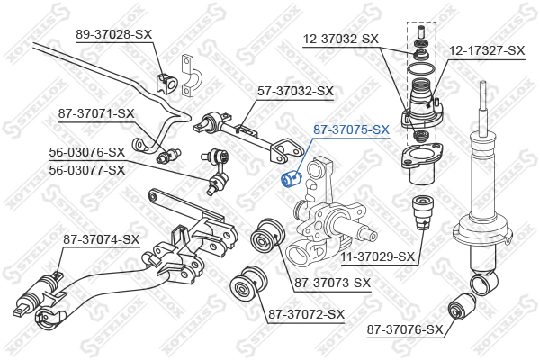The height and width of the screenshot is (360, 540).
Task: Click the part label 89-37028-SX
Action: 113,33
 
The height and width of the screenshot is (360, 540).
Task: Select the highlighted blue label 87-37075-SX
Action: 351,130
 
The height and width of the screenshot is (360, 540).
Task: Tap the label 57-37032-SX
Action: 295,91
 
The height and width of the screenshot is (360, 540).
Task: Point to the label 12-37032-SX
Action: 339,39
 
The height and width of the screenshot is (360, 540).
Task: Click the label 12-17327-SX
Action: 487,50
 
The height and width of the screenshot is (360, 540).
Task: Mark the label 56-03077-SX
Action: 87,168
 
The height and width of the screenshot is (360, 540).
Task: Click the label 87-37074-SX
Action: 102,239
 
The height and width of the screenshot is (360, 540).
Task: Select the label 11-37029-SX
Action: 378,256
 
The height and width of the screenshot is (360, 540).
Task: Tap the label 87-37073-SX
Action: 332,283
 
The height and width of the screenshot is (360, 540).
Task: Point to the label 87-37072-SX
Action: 306,314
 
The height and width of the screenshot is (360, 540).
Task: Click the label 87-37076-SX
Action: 406,330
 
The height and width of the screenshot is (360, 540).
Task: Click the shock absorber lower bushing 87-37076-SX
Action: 467,304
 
